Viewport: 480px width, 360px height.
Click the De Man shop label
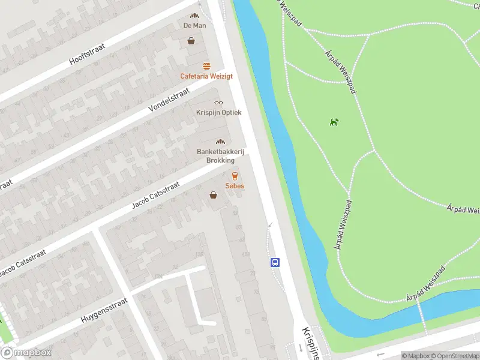(x=194, y=25)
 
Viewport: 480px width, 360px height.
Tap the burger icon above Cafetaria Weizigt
(x=206, y=66)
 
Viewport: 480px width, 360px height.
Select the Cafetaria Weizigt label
(x=206, y=76)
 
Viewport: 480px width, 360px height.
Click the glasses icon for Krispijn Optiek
(x=218, y=103)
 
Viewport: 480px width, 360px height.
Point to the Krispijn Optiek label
(x=218, y=113)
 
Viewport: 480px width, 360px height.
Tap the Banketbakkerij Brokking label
(x=220, y=156)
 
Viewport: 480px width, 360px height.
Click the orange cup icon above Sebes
(x=235, y=176)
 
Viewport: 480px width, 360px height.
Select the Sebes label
(x=235, y=186)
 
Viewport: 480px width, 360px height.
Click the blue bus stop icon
(x=275, y=262)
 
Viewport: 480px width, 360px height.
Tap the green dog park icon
(x=334, y=122)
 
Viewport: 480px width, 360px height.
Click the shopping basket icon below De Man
(x=191, y=41)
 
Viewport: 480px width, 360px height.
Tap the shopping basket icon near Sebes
(x=213, y=194)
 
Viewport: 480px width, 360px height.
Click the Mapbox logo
(x=26, y=353)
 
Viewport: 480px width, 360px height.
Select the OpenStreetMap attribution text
(x=455, y=356)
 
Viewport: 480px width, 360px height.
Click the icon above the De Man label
(x=194, y=16)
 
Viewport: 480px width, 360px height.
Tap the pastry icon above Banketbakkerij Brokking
(x=220, y=142)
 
